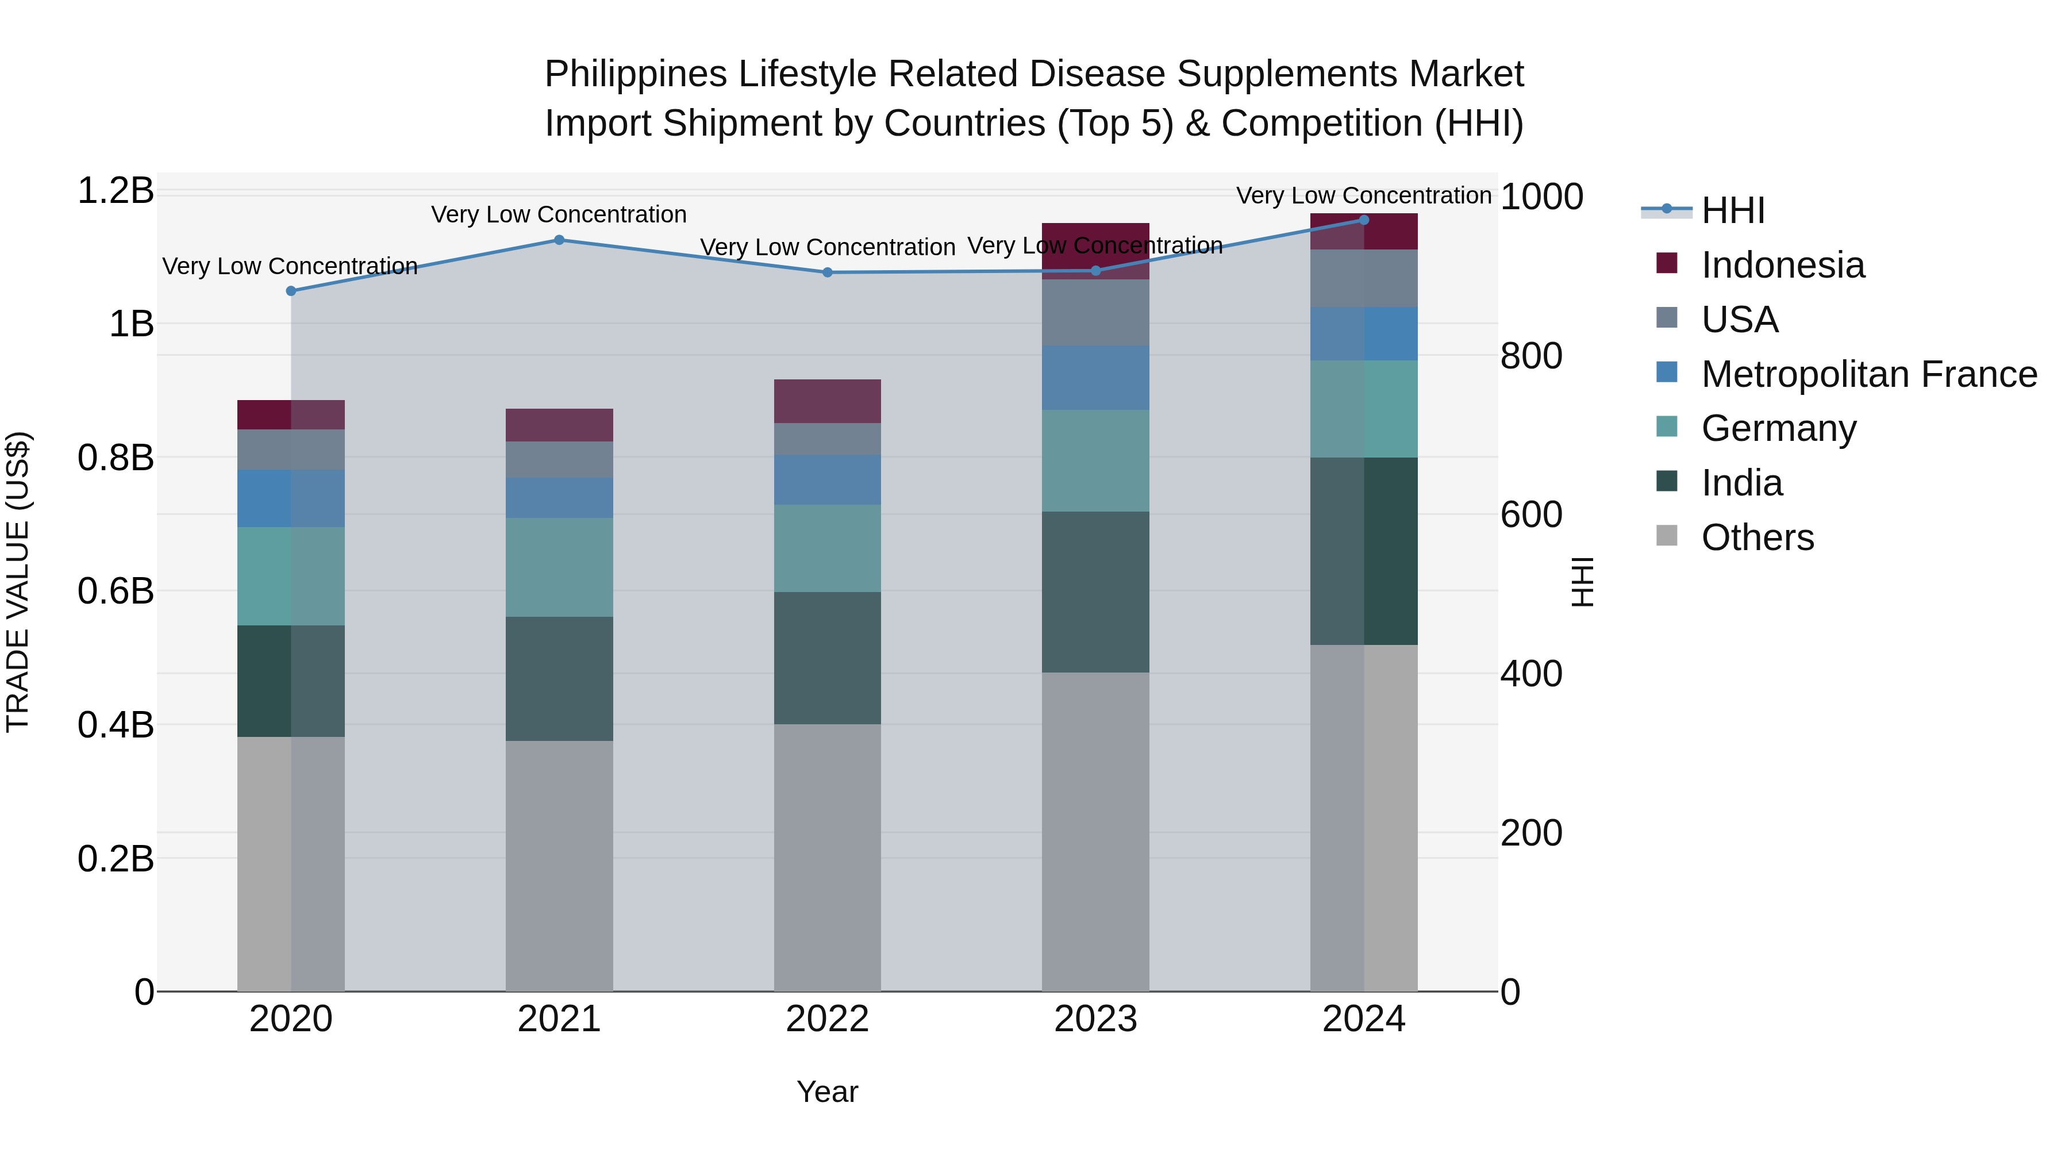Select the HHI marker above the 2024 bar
[1363, 220]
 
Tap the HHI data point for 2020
[291, 291]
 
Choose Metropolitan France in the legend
[1868, 374]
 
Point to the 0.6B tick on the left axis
[115, 591]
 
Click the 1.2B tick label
[115, 191]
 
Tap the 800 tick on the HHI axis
[1531, 356]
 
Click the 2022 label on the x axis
[827, 1019]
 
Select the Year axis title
[827, 1092]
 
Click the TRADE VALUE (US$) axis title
[18, 582]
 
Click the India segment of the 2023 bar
[1095, 592]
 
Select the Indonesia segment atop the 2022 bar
[827, 401]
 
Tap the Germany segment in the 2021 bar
[559, 567]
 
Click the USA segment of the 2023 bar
[1095, 313]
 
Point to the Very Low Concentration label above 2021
[559, 214]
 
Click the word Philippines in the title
[635, 74]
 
